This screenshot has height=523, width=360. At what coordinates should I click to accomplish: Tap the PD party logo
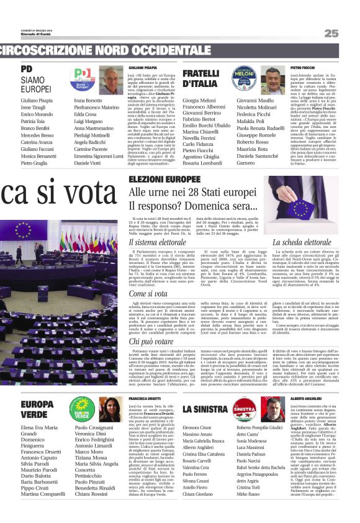point(83,77)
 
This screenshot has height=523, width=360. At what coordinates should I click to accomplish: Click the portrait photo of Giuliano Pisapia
point(111,80)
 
